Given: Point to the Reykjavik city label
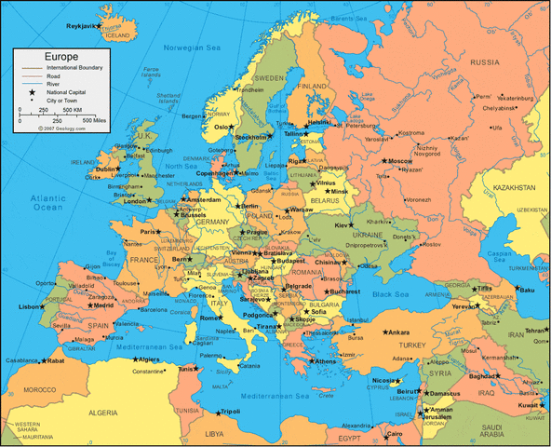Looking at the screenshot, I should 81,26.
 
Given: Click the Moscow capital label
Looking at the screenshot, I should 399,161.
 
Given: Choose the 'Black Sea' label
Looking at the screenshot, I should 392,295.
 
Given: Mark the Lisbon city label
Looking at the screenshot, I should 28,306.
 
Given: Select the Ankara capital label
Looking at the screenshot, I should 398,332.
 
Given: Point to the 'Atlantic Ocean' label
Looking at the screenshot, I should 46,203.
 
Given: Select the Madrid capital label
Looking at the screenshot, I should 103,305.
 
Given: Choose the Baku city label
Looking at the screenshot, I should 528,290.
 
